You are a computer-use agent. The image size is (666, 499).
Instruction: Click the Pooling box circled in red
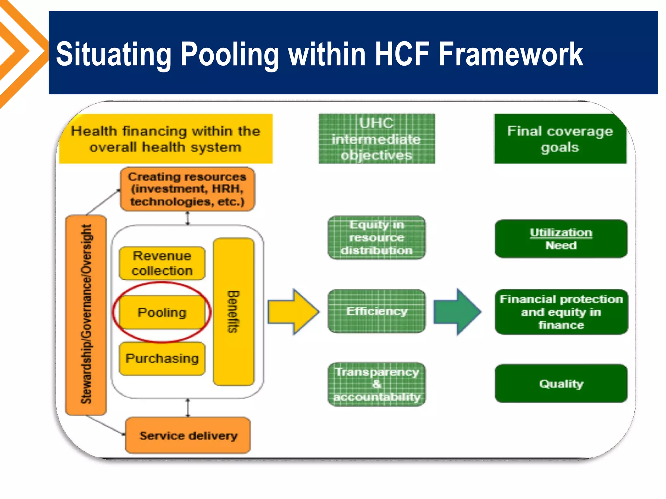[162, 312]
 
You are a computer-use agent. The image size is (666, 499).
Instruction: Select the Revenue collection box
[162, 263]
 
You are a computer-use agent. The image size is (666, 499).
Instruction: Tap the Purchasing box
[162, 358]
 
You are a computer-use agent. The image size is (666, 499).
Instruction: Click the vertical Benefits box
[233, 312]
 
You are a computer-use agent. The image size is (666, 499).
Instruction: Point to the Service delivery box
[188, 435]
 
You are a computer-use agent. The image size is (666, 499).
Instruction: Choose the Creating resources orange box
[187, 189]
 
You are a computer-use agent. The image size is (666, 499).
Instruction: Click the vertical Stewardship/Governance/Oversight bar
[86, 314]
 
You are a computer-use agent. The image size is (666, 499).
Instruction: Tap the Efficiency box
[377, 311]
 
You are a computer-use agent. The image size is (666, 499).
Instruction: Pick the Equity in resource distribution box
[377, 237]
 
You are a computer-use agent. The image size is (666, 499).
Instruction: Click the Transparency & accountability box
[377, 384]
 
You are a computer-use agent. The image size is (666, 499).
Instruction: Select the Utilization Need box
[561, 239]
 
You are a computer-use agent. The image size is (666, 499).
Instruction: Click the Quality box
[561, 384]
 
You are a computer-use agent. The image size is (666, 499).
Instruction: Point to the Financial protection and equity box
[561, 312]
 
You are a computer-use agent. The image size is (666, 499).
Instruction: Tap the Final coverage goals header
[560, 139]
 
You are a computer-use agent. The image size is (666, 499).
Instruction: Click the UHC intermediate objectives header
[377, 139]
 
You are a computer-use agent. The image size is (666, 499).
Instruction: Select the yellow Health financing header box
[166, 139]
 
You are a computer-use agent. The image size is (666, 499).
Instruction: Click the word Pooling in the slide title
[230, 54]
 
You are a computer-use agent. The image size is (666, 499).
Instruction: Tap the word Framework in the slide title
[511, 54]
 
